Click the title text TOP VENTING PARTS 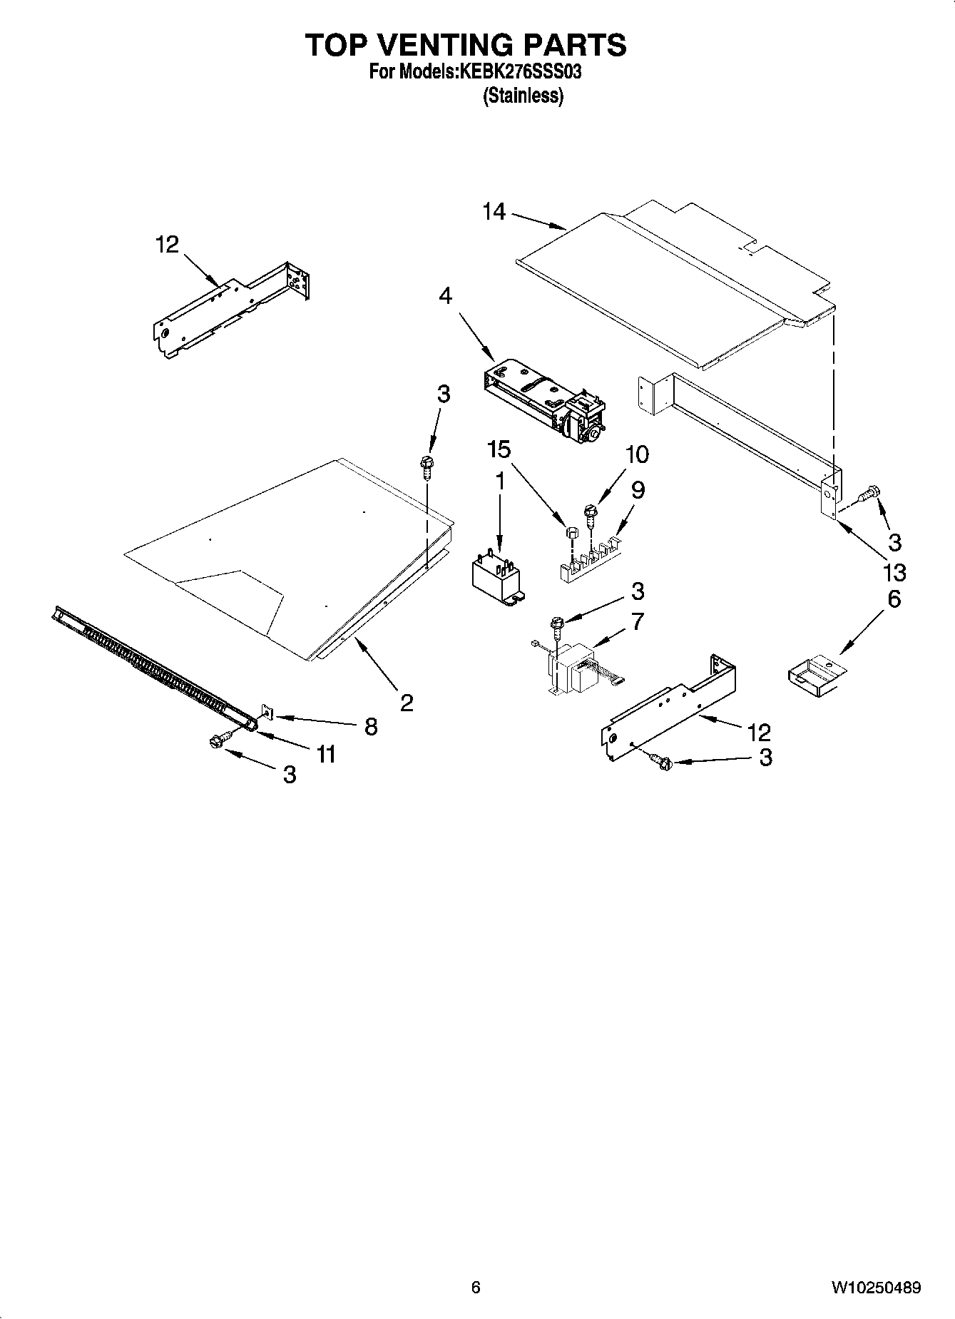point(466,45)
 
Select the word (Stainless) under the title point(523,96)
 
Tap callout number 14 point(494,212)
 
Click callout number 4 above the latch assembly point(445,295)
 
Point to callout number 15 point(499,449)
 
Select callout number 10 point(637,454)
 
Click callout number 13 point(894,572)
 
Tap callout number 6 point(894,599)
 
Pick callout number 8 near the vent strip point(371,726)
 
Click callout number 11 point(326,753)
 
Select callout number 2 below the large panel point(407,703)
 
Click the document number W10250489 point(875,1288)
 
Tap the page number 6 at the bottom point(476,1288)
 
